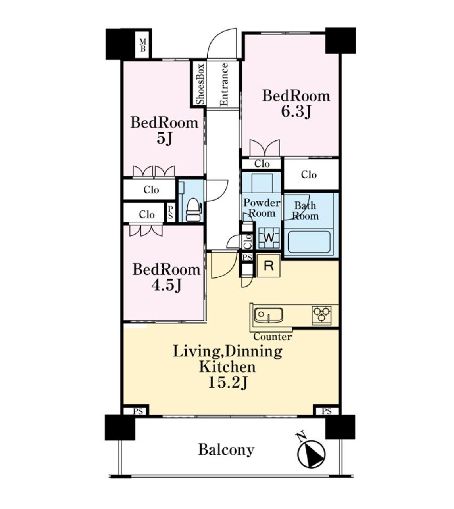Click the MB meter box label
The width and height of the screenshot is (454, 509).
pyautogui.click(x=142, y=45)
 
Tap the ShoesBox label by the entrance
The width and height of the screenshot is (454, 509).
pyautogui.click(x=200, y=84)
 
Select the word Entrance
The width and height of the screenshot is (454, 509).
pyautogui.click(x=223, y=84)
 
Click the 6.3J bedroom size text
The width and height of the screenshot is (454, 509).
pyautogui.click(x=296, y=111)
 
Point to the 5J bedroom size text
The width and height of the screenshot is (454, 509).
pyautogui.click(x=165, y=138)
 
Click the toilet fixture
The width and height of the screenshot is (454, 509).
pyautogui.click(x=193, y=210)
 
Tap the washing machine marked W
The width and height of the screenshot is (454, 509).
pyautogui.click(x=269, y=238)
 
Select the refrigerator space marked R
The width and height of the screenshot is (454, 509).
pyautogui.click(x=269, y=266)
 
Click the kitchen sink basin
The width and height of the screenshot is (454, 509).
pyautogui.click(x=268, y=315)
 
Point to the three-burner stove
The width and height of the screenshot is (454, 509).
pyautogui.click(x=321, y=315)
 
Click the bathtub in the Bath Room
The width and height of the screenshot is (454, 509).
pyautogui.click(x=309, y=242)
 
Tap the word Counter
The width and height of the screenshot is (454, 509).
pyautogui.click(x=272, y=337)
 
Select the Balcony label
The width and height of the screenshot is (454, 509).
pyautogui.click(x=226, y=450)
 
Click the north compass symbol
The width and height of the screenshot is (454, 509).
pyautogui.click(x=311, y=453)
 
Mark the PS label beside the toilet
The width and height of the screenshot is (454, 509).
pyautogui.click(x=171, y=212)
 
